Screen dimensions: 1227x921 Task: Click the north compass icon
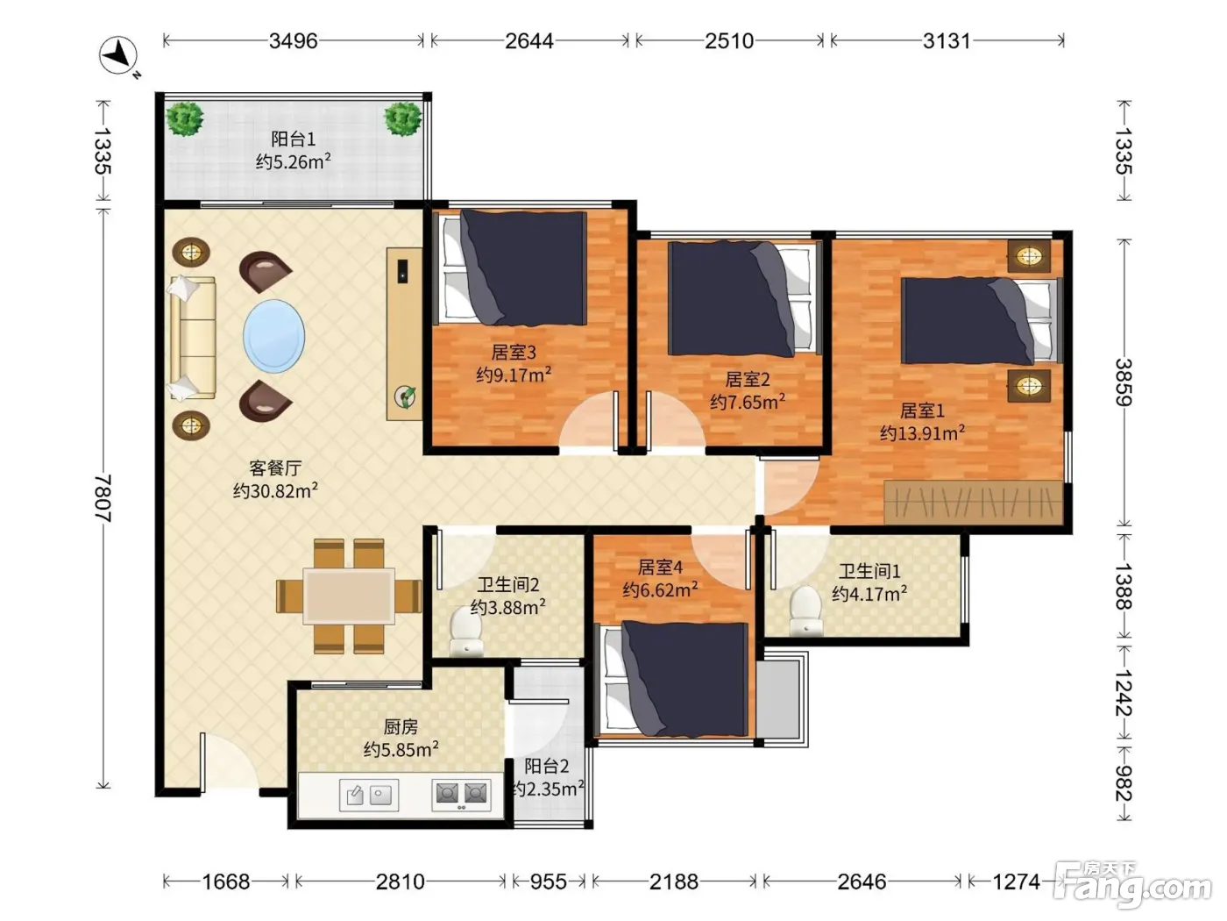[118, 56]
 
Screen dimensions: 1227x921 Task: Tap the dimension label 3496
[294, 41]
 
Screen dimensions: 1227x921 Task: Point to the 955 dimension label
[549, 882]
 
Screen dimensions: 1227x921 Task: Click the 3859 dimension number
[1124, 382]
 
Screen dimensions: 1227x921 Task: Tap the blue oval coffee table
[274, 336]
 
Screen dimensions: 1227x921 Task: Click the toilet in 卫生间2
[467, 632]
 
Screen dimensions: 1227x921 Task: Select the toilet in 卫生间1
[805, 610]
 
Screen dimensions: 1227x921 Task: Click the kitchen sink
[369, 795]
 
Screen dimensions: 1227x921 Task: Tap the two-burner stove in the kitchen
[461, 795]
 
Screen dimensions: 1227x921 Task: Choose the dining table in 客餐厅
[349, 596]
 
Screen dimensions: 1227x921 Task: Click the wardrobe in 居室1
[973, 502]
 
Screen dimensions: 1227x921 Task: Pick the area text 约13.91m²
[922, 432]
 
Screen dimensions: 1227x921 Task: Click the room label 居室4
[660, 568]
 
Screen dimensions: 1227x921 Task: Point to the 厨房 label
[401, 727]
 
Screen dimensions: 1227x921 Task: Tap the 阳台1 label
[294, 139]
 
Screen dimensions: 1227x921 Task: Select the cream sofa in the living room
[192, 339]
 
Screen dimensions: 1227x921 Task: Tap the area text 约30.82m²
[275, 491]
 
